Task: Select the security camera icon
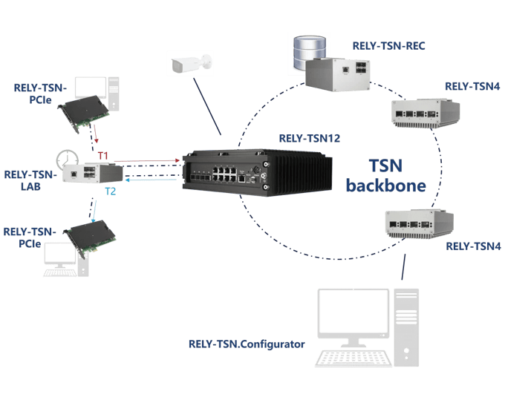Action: [x=189, y=65]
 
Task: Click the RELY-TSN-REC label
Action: [x=389, y=46]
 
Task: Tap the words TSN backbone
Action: [x=386, y=175]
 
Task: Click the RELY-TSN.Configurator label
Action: [x=247, y=344]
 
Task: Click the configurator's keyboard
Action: [x=352, y=358]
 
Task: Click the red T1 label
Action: [x=103, y=154]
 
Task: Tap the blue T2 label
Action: [x=110, y=191]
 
